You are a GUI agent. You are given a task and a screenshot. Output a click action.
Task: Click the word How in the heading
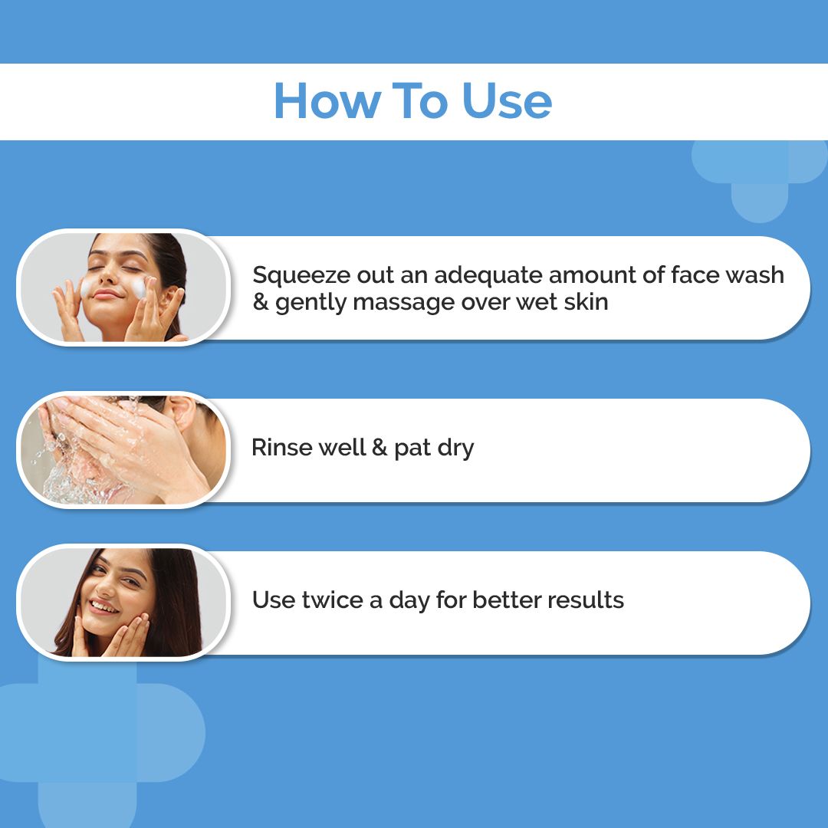pyautogui.click(x=327, y=100)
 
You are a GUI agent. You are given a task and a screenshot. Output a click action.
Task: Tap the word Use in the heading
pyautogui.click(x=507, y=100)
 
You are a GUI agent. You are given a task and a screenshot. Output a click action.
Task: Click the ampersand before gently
pyautogui.click(x=261, y=302)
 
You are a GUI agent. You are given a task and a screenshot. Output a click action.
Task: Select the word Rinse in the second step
pyautogui.click(x=282, y=447)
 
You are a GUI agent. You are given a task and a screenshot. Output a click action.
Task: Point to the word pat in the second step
pyautogui.click(x=412, y=449)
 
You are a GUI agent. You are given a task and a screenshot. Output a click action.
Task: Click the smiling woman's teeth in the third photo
pyautogui.click(x=103, y=606)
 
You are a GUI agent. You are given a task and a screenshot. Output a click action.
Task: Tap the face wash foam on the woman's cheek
pyautogui.click(x=138, y=287)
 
